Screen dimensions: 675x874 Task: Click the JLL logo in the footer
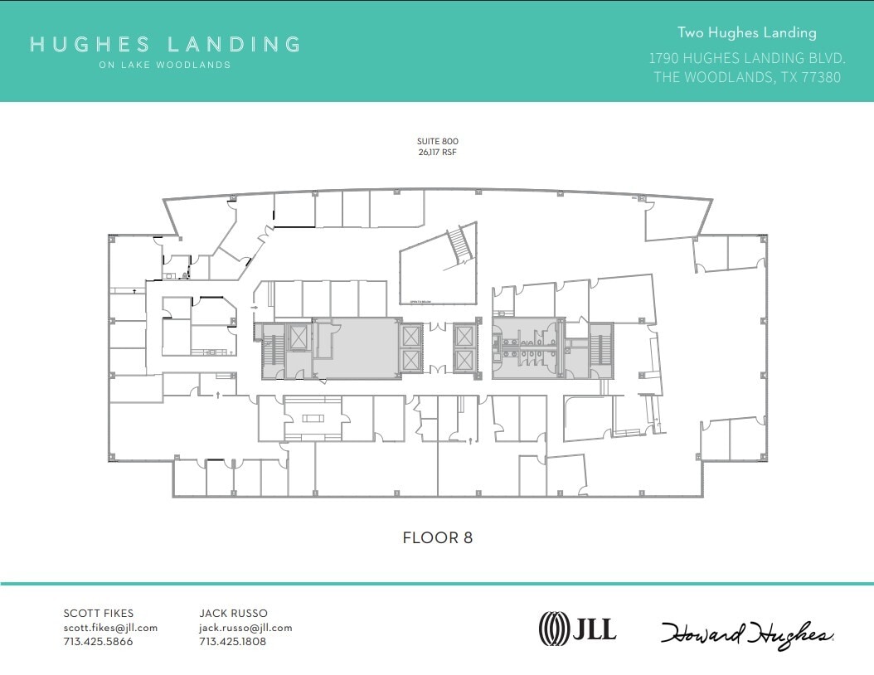pos(578,629)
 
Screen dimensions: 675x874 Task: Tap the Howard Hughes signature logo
pos(747,634)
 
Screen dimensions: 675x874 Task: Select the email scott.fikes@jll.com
pos(110,628)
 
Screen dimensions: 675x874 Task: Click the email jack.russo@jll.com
pos(245,628)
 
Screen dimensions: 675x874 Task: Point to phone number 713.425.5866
pos(98,641)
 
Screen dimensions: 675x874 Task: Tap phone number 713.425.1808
pos(233,641)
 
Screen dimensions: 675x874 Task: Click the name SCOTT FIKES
pos(98,614)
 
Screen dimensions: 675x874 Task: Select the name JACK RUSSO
pos(234,614)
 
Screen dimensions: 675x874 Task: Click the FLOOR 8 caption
pos(437,537)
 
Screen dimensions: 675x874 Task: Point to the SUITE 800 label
pos(438,142)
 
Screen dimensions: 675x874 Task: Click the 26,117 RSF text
pos(438,153)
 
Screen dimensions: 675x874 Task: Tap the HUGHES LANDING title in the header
pos(165,44)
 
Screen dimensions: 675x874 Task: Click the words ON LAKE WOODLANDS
pos(165,65)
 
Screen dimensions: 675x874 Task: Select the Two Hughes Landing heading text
pos(746,32)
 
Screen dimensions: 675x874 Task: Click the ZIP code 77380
pos(819,77)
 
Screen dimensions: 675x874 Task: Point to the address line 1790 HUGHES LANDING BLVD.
pos(746,58)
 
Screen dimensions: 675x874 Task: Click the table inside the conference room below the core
pos(313,418)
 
